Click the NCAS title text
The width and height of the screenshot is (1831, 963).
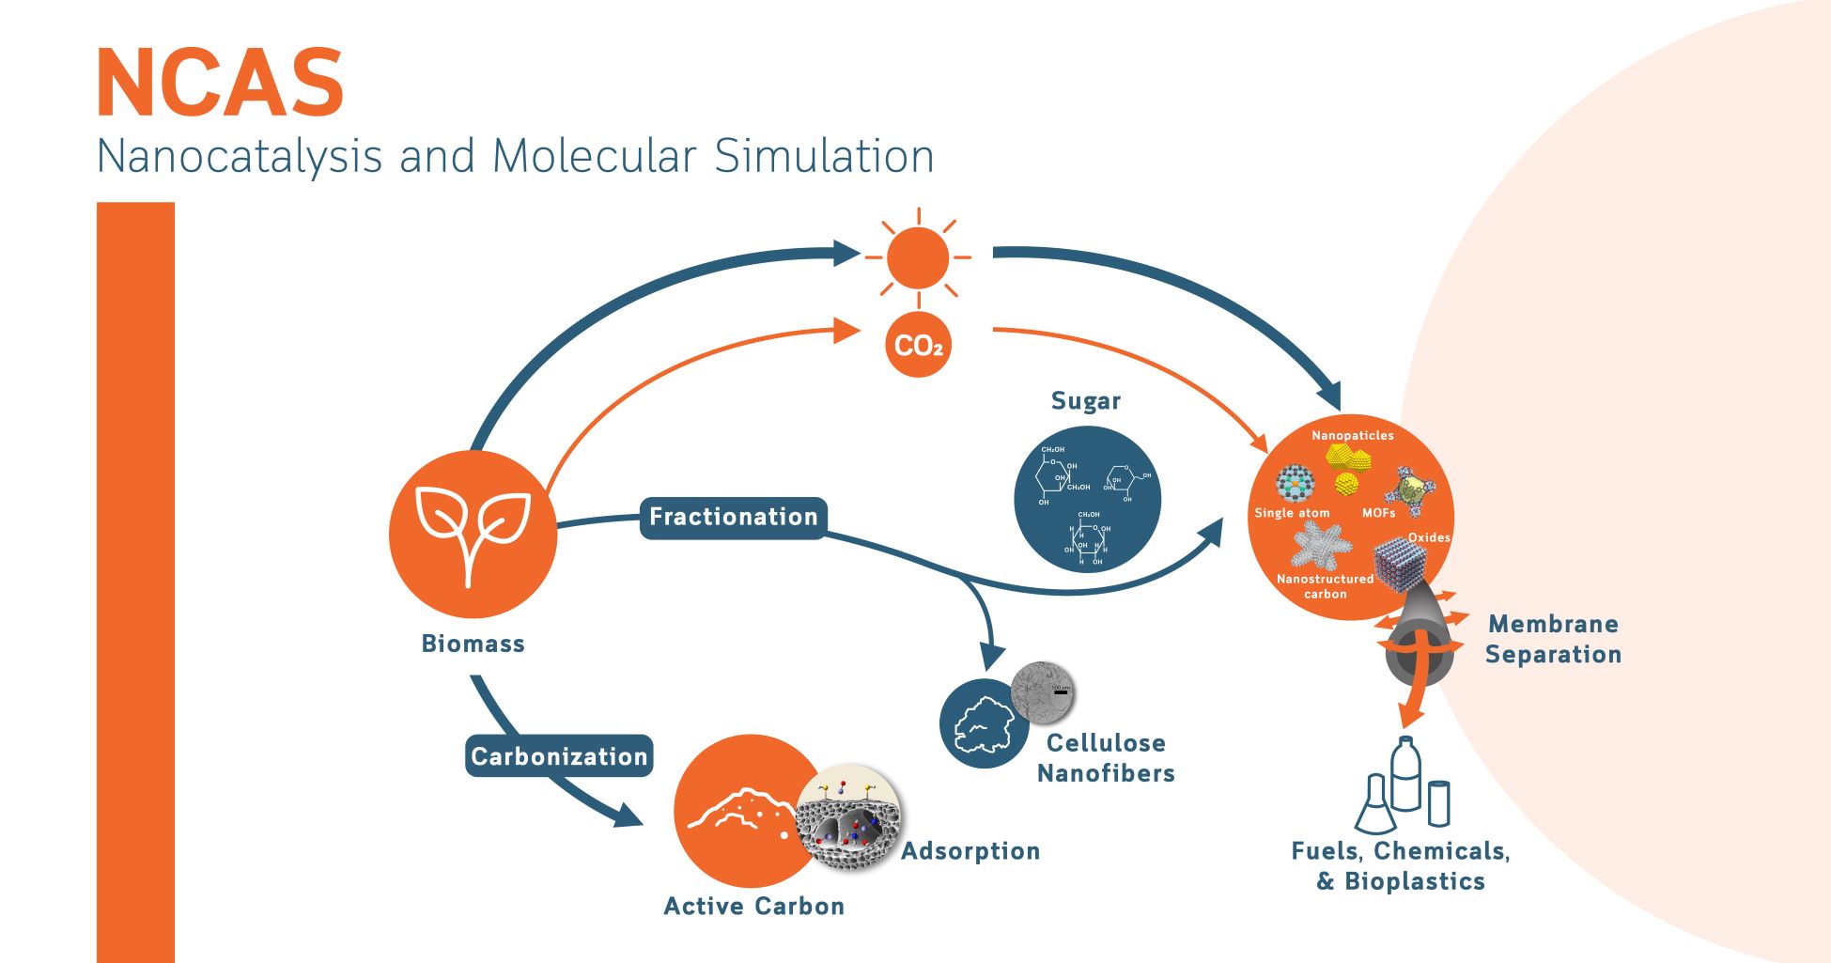click(220, 84)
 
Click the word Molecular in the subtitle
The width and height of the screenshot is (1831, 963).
click(594, 156)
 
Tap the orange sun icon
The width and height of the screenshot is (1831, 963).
click(918, 257)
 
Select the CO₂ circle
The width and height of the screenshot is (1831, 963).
click(918, 346)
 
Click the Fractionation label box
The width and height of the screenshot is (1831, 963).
click(733, 518)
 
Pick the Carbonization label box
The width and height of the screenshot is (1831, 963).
click(559, 756)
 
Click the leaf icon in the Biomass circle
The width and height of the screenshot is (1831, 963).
click(473, 531)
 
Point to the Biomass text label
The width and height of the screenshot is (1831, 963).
click(473, 644)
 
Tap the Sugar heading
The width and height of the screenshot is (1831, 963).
click(1086, 401)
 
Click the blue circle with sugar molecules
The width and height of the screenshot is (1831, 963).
click(1087, 499)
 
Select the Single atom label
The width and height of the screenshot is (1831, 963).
click(1292, 513)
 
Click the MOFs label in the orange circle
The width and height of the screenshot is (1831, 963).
click(1378, 513)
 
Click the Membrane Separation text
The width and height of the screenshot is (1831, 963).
click(1553, 639)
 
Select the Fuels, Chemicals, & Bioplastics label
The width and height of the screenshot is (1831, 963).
click(1401, 865)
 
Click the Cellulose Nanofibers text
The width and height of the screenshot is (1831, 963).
click(1106, 757)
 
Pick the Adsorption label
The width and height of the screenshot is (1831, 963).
click(970, 851)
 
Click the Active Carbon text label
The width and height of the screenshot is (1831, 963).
click(753, 906)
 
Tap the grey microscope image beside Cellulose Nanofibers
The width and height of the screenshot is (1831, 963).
click(1042, 694)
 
